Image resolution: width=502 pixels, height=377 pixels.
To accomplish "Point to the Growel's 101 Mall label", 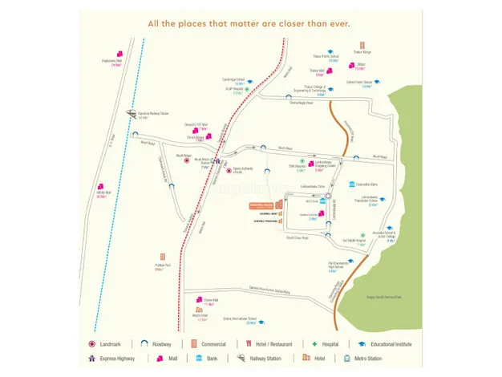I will [x=196, y=126].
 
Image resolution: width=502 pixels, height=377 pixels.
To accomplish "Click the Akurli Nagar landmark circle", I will [x=188, y=160].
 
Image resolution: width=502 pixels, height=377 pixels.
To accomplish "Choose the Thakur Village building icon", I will [x=362, y=47].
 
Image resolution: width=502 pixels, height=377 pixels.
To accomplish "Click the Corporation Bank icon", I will [x=350, y=184].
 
